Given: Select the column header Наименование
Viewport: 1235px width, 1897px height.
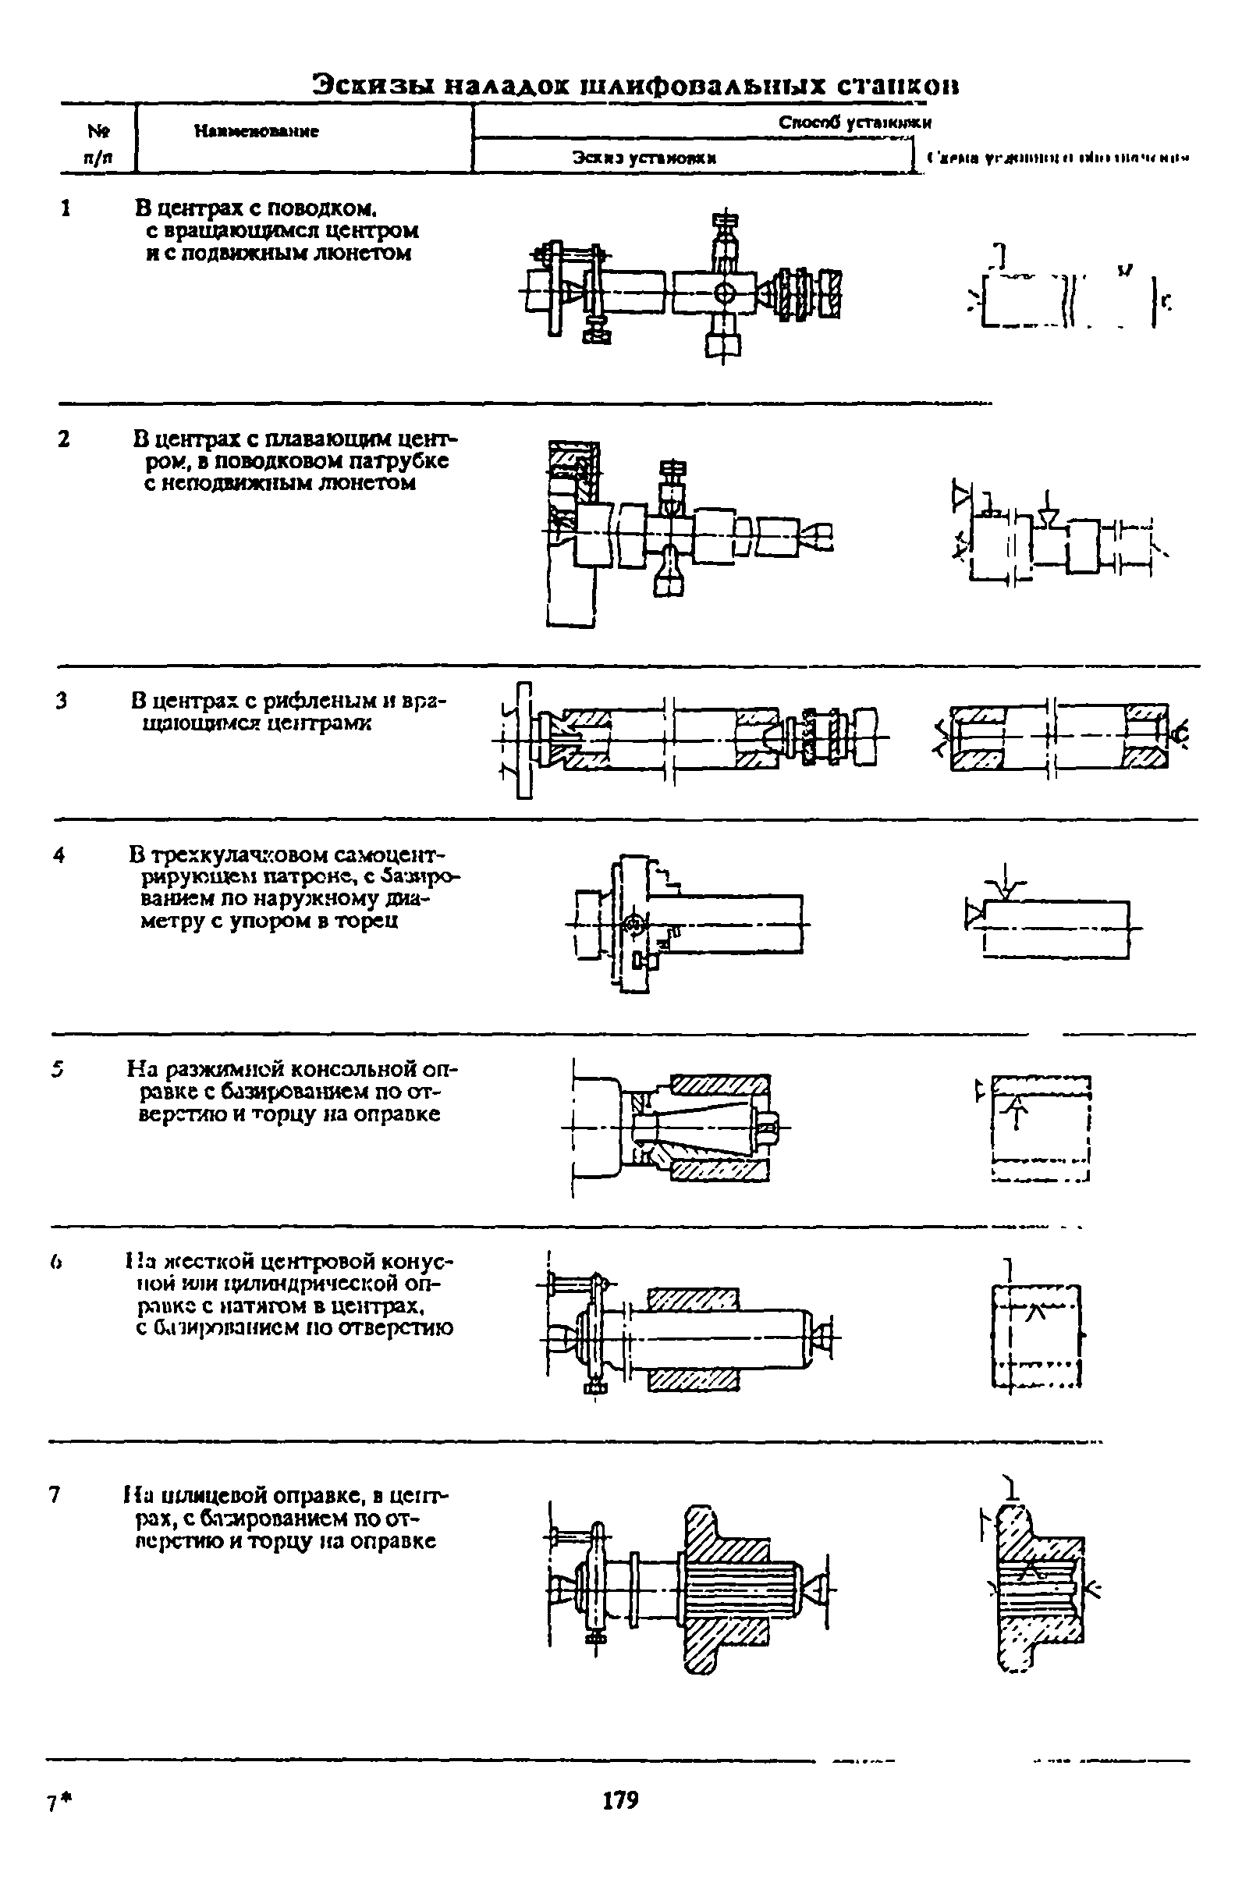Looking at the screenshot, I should [256, 132].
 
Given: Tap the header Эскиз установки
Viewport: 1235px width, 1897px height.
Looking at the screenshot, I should [644, 158].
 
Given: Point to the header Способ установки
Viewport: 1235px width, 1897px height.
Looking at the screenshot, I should [854, 123].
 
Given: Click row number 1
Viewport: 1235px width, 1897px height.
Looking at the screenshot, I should [68, 209].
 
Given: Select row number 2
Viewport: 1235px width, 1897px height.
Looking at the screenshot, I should [64, 439].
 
